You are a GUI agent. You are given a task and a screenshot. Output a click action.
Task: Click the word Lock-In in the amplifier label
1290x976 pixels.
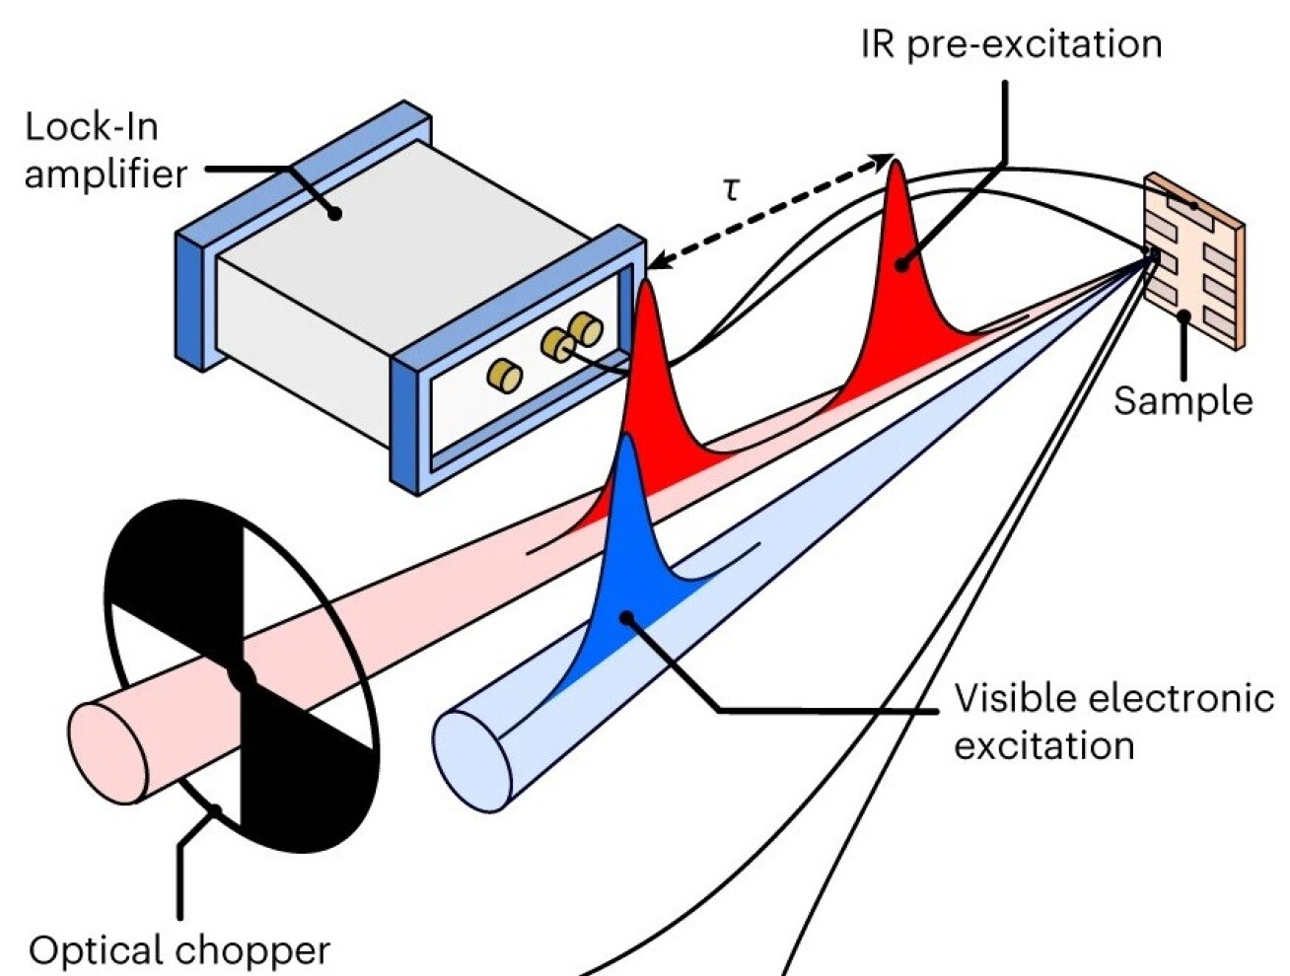[x=91, y=127]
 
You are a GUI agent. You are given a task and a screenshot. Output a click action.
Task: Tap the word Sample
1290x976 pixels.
[x=1182, y=401]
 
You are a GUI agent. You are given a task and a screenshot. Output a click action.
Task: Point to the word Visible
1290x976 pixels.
[x=1015, y=698]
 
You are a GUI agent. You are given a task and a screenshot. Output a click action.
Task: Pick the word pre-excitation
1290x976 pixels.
[x=1033, y=44]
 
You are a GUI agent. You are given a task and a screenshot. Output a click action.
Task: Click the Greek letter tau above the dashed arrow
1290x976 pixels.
[x=731, y=188]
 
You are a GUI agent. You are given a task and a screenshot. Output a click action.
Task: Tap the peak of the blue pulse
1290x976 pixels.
[x=625, y=437]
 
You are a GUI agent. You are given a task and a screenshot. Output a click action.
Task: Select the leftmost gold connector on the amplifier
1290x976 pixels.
[x=505, y=374]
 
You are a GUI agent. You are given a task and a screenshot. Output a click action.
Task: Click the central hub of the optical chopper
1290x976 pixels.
[x=242, y=677]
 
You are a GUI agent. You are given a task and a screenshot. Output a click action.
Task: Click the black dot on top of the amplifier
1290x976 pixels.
[x=335, y=212]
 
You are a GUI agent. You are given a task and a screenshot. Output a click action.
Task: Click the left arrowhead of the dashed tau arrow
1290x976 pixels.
[x=656, y=263]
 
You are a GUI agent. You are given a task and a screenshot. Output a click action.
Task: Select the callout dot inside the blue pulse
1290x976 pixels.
[x=625, y=618]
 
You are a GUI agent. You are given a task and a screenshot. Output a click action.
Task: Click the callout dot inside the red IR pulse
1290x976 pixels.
[x=900, y=263]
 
